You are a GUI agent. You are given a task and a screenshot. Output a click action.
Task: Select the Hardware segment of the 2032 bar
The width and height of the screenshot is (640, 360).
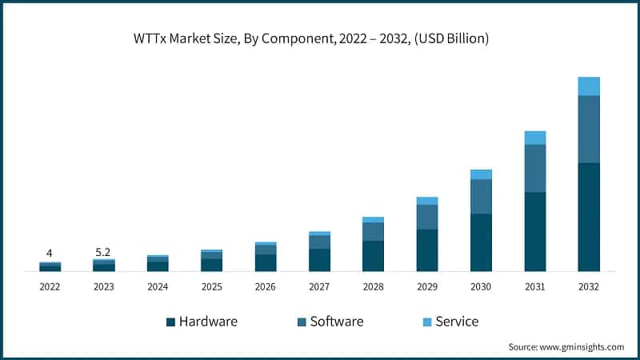coord(589,217)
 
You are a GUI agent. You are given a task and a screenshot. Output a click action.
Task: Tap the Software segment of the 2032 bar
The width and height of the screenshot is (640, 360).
coord(589,129)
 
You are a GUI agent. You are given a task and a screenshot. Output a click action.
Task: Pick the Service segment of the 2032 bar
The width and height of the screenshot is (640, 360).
coord(589,86)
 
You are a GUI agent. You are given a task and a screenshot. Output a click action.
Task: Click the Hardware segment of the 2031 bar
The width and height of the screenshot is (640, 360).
coord(535,231)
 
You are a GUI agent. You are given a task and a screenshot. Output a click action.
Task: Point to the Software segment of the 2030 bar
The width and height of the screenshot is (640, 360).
coord(481,197)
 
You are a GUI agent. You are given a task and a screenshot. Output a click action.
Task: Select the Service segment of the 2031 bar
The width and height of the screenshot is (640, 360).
coord(535,138)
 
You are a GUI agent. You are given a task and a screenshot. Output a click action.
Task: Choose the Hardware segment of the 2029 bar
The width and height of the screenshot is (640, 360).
coord(427,250)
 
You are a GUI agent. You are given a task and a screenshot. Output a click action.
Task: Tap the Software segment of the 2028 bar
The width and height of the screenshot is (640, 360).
coord(374,231)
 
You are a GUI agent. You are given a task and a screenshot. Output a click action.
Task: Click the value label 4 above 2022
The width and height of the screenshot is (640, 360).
coord(50,253)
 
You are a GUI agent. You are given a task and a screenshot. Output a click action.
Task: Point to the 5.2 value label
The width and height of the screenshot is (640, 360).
coord(104,250)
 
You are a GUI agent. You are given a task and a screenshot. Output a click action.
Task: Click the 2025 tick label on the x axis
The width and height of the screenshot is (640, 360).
coord(211,286)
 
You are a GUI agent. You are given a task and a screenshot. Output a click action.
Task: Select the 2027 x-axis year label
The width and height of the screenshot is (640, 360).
coord(319,286)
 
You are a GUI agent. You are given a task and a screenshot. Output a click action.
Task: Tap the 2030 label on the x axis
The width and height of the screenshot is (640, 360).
coord(481,286)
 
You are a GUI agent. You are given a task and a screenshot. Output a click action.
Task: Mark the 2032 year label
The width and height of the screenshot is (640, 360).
coord(589,286)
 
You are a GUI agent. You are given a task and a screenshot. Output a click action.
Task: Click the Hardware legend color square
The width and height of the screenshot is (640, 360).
coord(170,322)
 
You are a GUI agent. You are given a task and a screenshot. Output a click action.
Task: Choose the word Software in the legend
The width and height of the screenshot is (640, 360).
coord(336,322)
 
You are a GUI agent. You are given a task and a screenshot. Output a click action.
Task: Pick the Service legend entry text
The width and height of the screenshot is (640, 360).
coord(457,322)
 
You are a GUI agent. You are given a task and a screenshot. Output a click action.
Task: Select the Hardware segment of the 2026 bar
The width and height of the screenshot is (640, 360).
coord(266,262)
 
